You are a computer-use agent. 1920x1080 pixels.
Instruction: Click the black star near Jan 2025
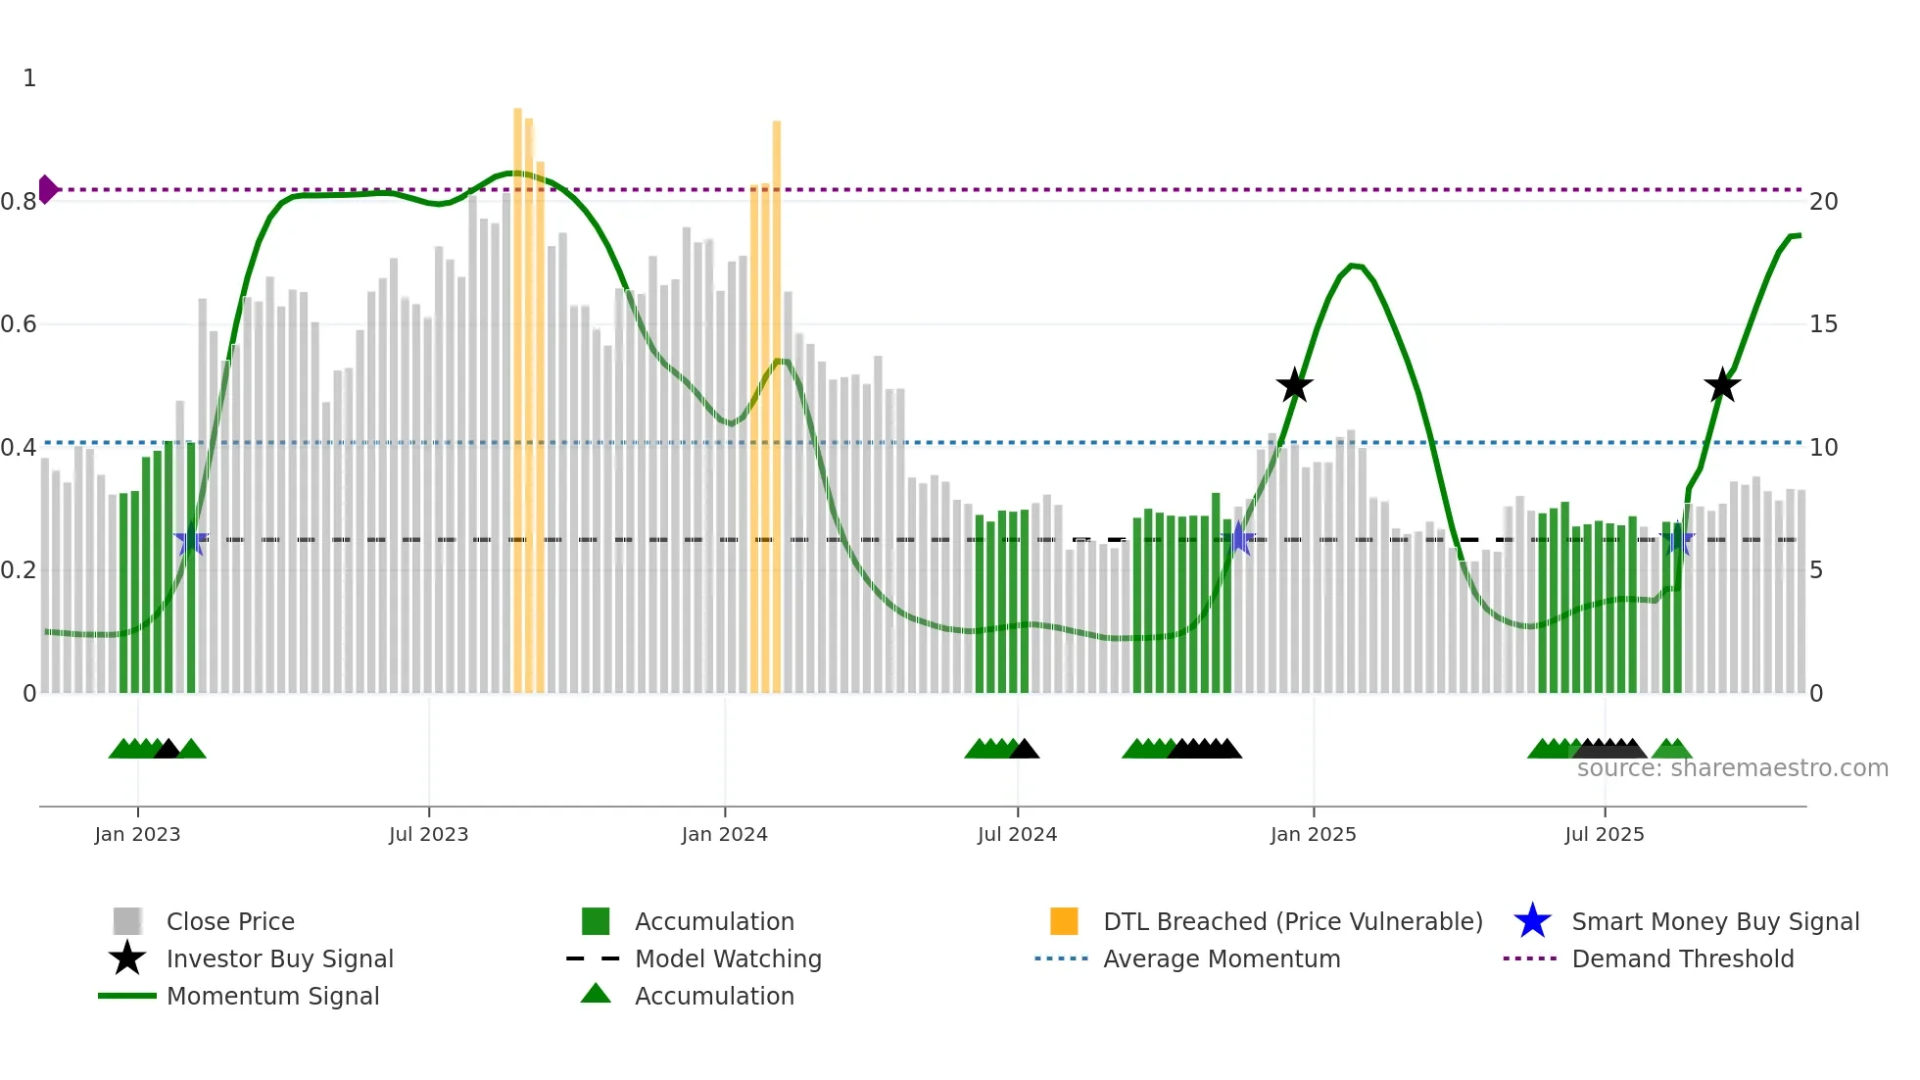click(x=1294, y=386)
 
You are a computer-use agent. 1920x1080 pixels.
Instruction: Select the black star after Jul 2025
click(x=1721, y=386)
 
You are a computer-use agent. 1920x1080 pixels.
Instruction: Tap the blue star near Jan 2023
click(x=190, y=540)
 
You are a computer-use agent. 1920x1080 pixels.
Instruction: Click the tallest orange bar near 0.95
click(x=517, y=392)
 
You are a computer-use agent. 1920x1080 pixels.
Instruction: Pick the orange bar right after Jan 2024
click(x=776, y=392)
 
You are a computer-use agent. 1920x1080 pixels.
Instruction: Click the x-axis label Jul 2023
click(x=428, y=834)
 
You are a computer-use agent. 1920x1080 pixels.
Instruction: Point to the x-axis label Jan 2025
click(x=1313, y=834)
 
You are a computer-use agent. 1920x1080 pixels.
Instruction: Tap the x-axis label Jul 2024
click(x=1017, y=834)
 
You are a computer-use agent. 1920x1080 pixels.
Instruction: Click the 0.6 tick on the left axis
click(x=20, y=324)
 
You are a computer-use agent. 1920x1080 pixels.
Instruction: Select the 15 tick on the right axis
click(x=1823, y=324)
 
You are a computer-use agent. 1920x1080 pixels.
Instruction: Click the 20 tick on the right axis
click(x=1823, y=202)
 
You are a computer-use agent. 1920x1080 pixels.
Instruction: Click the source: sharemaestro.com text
click(x=1732, y=768)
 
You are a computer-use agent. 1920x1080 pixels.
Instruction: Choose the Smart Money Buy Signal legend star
click(x=1532, y=921)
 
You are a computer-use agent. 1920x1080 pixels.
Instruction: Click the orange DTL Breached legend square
click(x=1064, y=921)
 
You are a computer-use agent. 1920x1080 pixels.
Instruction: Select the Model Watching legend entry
click(x=727, y=958)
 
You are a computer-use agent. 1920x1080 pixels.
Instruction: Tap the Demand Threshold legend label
click(x=1682, y=958)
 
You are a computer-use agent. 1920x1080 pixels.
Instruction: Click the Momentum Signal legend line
click(x=127, y=996)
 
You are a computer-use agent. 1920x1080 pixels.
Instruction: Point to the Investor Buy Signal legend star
click(x=127, y=958)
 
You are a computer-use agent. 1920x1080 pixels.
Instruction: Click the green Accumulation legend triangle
click(x=596, y=994)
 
